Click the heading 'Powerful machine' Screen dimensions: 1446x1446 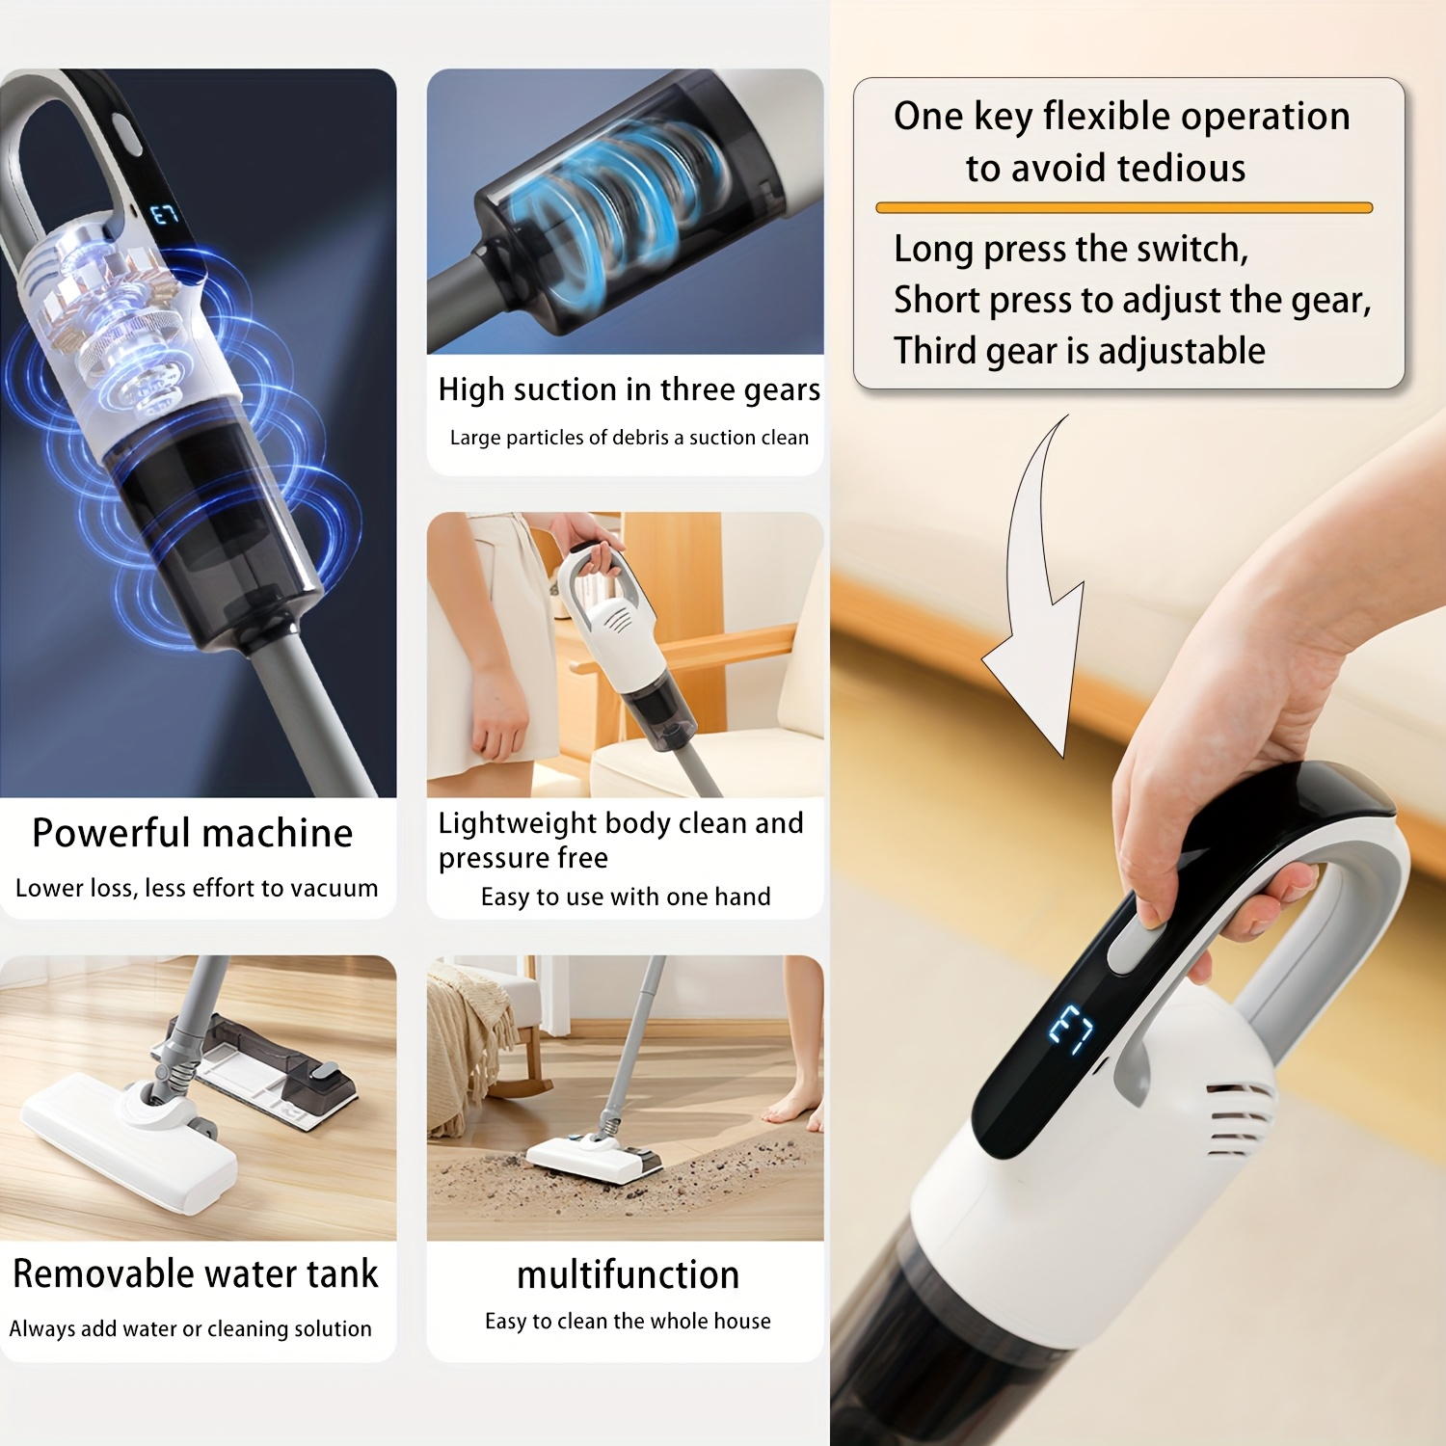[x=193, y=833]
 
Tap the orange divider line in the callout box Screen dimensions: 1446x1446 [x=1124, y=207]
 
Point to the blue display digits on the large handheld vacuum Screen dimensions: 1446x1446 [x=1071, y=1031]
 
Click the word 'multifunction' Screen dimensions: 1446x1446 [x=628, y=1274]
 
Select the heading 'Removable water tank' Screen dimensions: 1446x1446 [x=195, y=1273]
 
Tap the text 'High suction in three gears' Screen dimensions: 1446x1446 [x=629, y=390]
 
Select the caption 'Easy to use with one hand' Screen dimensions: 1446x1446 [x=626, y=897]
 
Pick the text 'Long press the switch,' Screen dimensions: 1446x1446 [x=1071, y=250]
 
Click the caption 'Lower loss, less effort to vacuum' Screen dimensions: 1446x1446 [x=197, y=888]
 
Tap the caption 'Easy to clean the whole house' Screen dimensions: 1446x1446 [x=628, y=1321]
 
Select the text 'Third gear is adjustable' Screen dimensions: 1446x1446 [x=1080, y=351]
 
